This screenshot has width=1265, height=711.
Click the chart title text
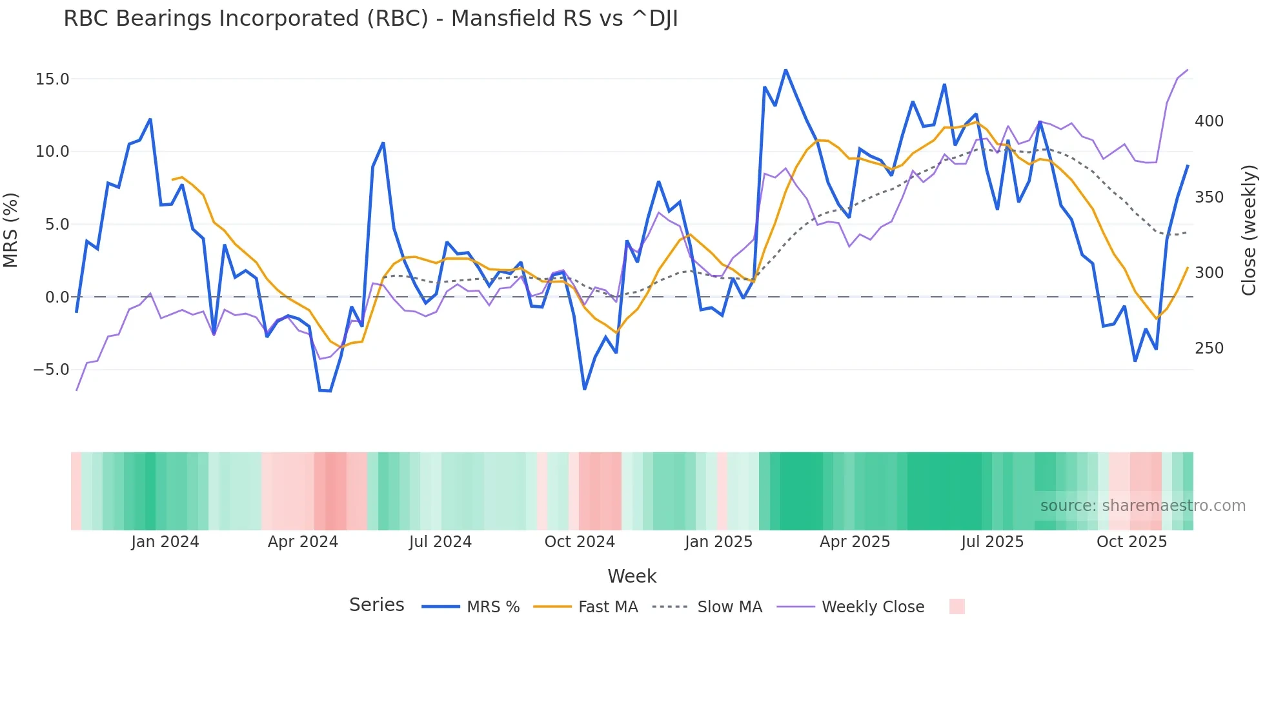[370, 19]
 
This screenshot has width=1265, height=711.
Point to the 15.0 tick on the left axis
[52, 79]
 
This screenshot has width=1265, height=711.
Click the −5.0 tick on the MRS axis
[51, 370]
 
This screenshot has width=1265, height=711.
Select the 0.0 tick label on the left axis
[57, 297]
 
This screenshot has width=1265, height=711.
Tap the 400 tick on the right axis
[1209, 121]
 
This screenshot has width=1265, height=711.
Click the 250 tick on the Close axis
[1209, 348]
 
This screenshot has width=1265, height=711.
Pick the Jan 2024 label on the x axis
[165, 542]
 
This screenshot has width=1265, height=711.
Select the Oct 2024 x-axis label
[580, 542]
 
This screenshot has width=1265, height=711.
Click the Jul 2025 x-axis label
[992, 542]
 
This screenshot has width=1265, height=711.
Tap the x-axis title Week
[632, 576]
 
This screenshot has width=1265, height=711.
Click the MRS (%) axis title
[11, 230]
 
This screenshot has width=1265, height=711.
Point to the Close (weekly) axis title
[1250, 230]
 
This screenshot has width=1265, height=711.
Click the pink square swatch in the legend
[957, 606]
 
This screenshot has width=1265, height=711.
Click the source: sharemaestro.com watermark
[1142, 506]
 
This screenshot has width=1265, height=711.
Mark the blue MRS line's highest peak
[785, 70]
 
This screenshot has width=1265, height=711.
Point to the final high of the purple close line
[1188, 70]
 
